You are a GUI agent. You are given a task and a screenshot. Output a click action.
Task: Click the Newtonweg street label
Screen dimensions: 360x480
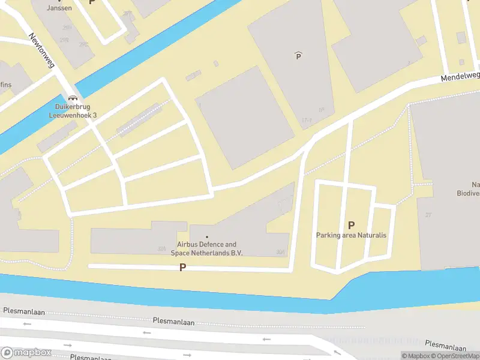pos(42,50)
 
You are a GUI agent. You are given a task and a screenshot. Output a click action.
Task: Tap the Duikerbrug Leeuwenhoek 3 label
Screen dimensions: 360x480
pos(73,111)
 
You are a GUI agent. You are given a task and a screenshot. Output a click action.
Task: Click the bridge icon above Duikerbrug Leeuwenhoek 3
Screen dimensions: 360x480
pos(73,98)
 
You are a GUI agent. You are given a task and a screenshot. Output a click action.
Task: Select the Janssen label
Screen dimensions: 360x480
pos(59,8)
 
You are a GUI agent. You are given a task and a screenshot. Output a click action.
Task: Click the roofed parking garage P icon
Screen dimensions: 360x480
pos(298,56)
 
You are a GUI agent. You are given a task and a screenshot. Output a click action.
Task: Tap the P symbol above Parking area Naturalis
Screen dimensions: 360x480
pos(351,225)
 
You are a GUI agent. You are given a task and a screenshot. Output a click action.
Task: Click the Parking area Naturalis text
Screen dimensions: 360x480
pos(351,235)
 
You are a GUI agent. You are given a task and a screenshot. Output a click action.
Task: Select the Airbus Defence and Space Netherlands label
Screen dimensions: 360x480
pos(207,248)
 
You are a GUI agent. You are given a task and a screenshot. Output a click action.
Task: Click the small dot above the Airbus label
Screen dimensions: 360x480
pos(208,237)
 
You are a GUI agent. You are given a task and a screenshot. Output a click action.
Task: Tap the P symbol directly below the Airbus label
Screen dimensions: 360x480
pos(182,267)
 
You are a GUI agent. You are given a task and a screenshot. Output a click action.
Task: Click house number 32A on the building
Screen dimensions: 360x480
pos(161,248)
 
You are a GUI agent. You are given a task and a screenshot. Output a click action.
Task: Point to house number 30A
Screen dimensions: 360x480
pos(280,253)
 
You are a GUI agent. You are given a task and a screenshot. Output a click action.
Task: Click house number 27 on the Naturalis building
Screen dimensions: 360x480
pos(428,214)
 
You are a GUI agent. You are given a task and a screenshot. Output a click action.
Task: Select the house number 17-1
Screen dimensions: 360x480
pos(307,121)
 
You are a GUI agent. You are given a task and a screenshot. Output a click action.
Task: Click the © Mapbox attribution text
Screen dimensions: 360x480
pos(415,356)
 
